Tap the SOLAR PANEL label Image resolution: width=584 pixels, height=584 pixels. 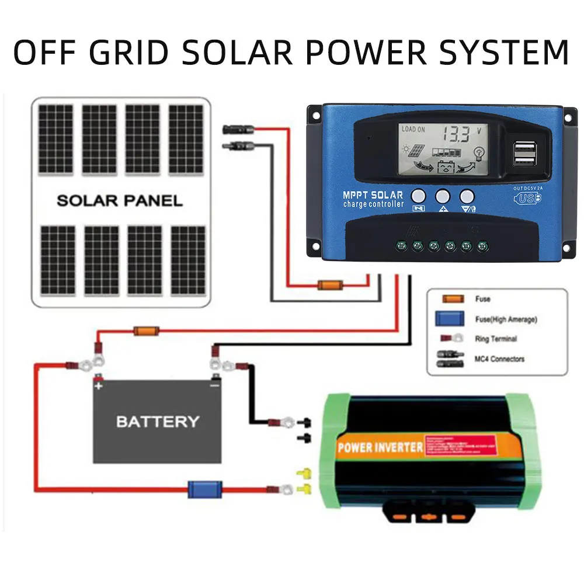click(119, 201)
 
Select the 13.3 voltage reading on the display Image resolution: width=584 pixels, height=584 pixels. click(455, 134)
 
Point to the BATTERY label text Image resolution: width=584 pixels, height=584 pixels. click(158, 421)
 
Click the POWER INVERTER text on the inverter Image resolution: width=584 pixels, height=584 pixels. click(380, 448)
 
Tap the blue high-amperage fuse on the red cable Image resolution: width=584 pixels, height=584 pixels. click(204, 489)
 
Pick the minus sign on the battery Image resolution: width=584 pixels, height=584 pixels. click(214, 385)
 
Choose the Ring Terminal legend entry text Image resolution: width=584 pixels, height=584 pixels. click(496, 339)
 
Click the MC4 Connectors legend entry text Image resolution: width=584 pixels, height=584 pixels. click(499, 359)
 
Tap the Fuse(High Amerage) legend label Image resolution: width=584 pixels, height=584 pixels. click(506, 319)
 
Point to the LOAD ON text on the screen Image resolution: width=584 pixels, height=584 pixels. click(413, 129)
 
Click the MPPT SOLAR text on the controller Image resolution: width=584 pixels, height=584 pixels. click(373, 194)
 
